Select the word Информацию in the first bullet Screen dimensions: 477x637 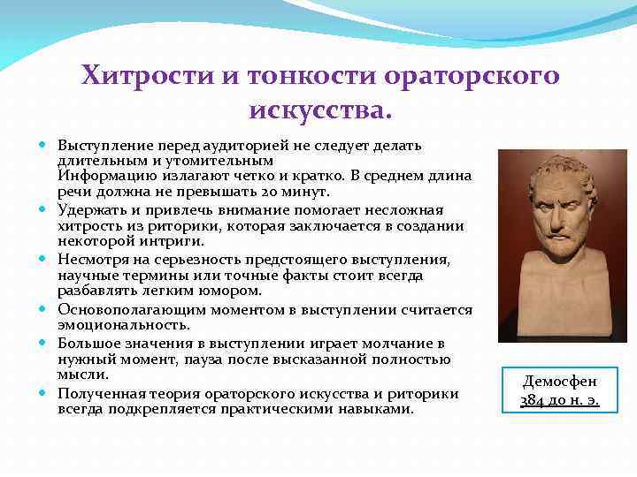tap(99, 176)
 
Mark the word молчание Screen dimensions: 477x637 tap(346, 343)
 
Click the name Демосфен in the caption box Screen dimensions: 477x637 tap(559, 382)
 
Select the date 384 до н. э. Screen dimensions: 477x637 tap(559, 400)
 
